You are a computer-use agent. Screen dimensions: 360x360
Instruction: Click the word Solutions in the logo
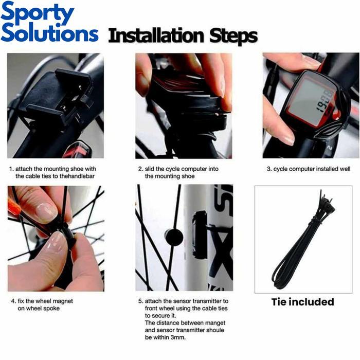coord(49,34)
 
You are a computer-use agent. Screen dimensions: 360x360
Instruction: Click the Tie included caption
coord(302,302)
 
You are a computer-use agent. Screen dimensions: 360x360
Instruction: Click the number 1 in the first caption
coord(11,169)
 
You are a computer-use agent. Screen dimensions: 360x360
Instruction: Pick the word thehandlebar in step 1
coord(78,176)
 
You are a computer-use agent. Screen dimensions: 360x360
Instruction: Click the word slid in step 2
coord(151,169)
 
